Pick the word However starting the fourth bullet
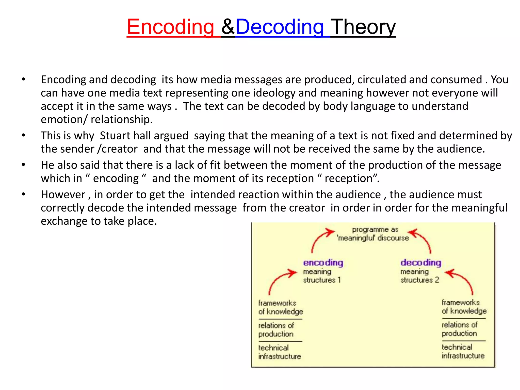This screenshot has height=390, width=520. pos(63,195)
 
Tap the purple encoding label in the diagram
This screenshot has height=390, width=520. pos(323,263)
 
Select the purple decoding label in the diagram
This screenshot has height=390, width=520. pos(421,263)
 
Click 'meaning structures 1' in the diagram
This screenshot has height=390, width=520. pos(322,276)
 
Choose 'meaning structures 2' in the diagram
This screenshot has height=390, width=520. pos(419,276)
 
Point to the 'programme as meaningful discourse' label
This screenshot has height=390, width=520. pos(373,234)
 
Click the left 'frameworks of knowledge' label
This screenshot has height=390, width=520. pos(281,307)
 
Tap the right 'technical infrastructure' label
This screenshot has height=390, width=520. pos(463,351)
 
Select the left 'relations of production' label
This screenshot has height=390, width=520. pos(276,330)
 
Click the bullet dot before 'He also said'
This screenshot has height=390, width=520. pos(24,165)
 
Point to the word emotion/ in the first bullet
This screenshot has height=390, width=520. pos(64,119)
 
